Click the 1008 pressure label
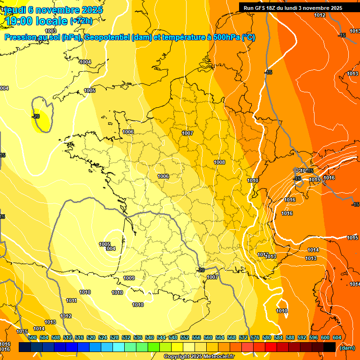pyautogui.click(x=219, y=162)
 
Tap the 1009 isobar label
pyautogui.click(x=129, y=278)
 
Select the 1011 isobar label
pyautogui.click(x=71, y=300)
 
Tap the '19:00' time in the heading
pyautogui.click(x=19, y=21)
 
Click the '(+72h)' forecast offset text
pyautogui.click(x=81, y=21)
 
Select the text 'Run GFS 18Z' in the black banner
pyautogui.click(x=258, y=8)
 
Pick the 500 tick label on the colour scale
pyautogui.click(x=32, y=337)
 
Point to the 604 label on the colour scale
pyautogui.click(x=337, y=337)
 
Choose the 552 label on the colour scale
pyautogui.click(x=185, y=337)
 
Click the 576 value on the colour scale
pyautogui.click(x=255, y=337)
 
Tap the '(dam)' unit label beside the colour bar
pyautogui.click(x=347, y=348)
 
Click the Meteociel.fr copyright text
pyautogui.click(x=199, y=357)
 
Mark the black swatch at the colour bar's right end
pyautogui.click(x=330, y=347)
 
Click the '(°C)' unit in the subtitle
pyautogui.click(x=248, y=37)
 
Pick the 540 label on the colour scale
pyautogui.click(x=150, y=337)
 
